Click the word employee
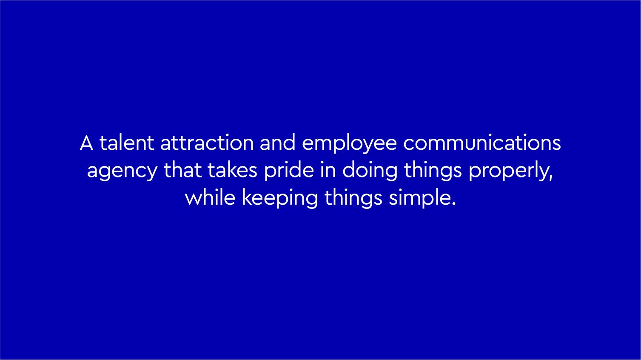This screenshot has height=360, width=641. click(x=349, y=145)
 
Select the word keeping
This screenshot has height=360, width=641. click(x=280, y=199)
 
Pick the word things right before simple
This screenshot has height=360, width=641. click(x=353, y=199)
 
